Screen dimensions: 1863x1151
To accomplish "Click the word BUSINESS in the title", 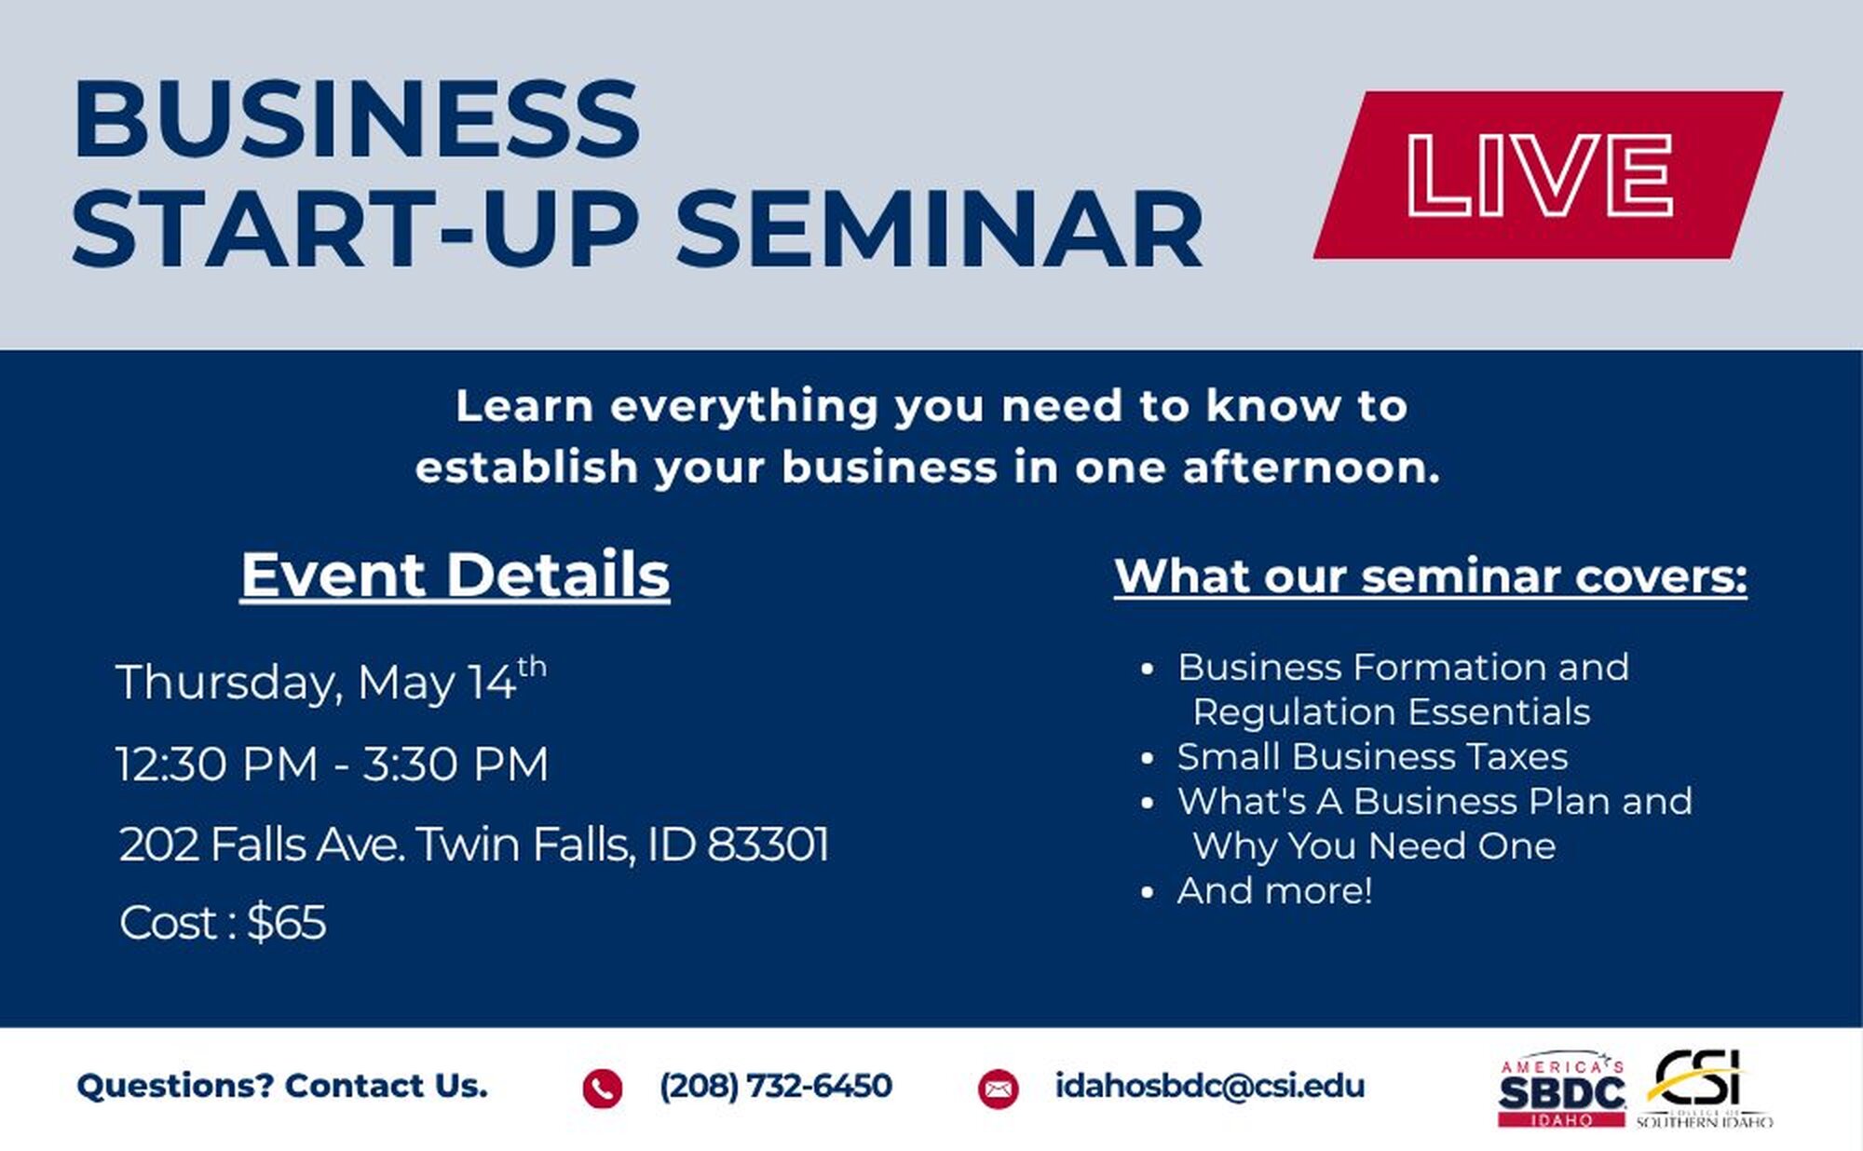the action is click(357, 118).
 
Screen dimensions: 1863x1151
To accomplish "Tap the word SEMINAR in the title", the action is click(940, 229).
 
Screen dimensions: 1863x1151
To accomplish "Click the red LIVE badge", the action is click(1548, 174).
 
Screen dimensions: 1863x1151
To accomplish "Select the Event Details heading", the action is click(455, 575).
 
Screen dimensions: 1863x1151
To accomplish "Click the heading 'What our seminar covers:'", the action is click(1431, 576).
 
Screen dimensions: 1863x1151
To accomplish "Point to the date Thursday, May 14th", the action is click(331, 680).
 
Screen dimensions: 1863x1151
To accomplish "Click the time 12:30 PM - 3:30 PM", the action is click(333, 764).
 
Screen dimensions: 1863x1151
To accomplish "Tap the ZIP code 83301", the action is click(768, 845).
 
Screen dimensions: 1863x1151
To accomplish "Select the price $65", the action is click(287, 923).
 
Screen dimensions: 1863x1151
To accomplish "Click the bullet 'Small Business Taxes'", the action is click(1372, 756).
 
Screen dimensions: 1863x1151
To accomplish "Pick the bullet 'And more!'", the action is click(1274, 890).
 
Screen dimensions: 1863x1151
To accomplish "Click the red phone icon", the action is click(602, 1088).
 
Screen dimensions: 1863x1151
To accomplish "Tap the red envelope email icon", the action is click(998, 1089).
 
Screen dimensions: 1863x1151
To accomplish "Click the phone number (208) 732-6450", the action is click(776, 1086).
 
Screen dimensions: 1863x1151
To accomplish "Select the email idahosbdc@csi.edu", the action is click(1210, 1086).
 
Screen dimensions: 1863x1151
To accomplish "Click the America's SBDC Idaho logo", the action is click(1562, 1091).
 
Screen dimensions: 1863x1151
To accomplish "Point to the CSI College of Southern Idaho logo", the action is click(1704, 1089).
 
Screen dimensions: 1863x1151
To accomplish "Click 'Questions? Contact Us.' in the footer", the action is click(282, 1086).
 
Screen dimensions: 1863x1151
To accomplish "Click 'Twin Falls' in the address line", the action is click(526, 845).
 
